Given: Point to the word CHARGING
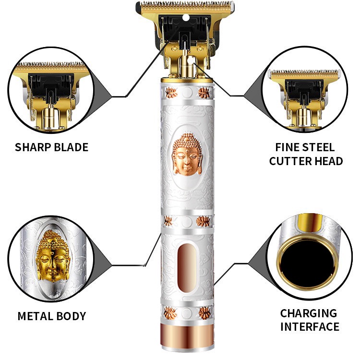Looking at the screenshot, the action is point(309,313).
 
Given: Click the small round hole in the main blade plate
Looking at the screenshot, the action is point(186,18).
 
